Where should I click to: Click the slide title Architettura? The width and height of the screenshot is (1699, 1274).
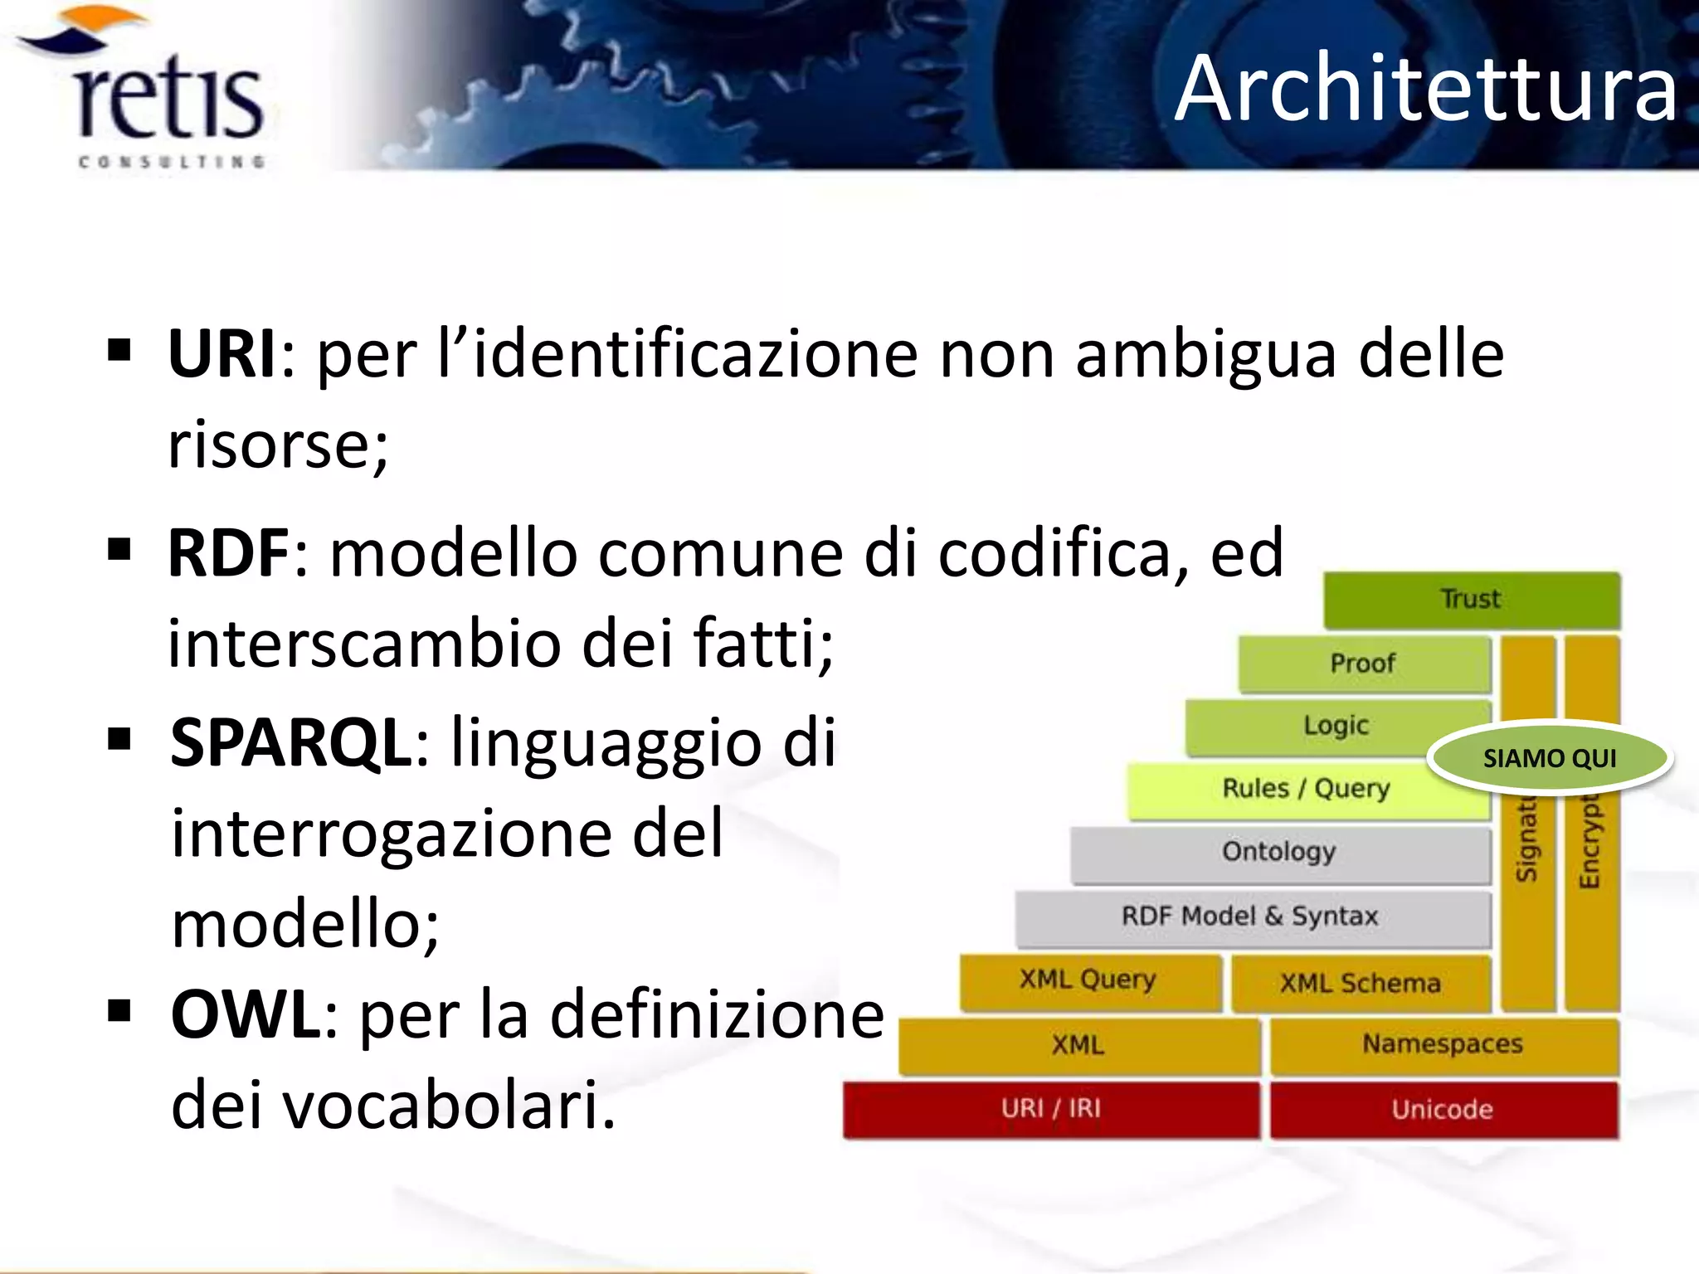[x=1425, y=88]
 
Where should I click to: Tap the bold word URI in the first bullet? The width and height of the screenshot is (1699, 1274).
[x=222, y=354]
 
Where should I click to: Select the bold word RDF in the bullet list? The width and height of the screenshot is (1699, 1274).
[x=228, y=553]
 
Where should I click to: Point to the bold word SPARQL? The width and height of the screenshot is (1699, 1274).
[x=290, y=742]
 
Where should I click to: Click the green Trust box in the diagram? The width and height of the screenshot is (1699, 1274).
[x=1471, y=599]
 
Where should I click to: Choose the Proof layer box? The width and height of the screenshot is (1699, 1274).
[x=1363, y=664]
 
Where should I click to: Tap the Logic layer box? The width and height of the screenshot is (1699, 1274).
[x=1336, y=727]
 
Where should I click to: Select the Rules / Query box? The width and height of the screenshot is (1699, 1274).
[x=1306, y=789]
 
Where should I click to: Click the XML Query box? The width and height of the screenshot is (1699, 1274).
[x=1088, y=980]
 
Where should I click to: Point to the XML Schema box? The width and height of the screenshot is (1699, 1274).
[x=1360, y=983]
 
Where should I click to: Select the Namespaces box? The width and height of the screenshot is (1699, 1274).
[x=1443, y=1044]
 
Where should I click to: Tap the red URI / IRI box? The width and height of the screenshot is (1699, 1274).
[x=1051, y=1109]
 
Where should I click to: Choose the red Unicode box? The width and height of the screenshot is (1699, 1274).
[x=1443, y=1110]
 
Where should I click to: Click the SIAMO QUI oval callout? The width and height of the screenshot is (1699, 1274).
[x=1549, y=758]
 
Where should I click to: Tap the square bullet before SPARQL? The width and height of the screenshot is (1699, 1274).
[x=119, y=737]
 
